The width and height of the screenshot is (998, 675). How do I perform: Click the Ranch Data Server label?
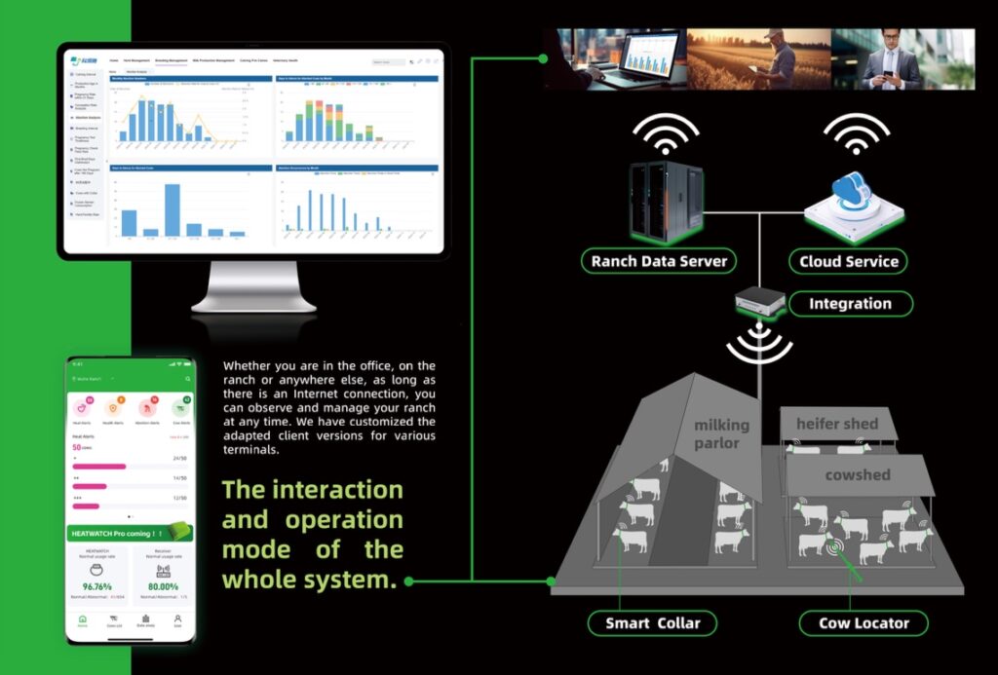[659, 261]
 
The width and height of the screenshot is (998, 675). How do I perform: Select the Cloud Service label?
[847, 261]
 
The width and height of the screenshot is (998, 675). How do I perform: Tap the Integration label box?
[850, 304]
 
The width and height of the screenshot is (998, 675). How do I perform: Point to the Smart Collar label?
[652, 623]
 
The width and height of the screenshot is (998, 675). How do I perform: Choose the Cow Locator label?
[862, 623]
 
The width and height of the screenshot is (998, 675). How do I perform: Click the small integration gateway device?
[758, 303]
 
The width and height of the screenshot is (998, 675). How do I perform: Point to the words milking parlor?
[721, 433]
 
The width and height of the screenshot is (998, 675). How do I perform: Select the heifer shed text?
[836, 424]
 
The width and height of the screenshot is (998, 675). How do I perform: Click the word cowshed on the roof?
[858, 474]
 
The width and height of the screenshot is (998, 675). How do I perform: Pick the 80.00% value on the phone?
[163, 586]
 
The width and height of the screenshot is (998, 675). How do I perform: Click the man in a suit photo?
[902, 58]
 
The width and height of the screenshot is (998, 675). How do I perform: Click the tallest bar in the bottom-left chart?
[173, 209]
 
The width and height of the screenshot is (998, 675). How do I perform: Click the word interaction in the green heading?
[312, 488]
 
